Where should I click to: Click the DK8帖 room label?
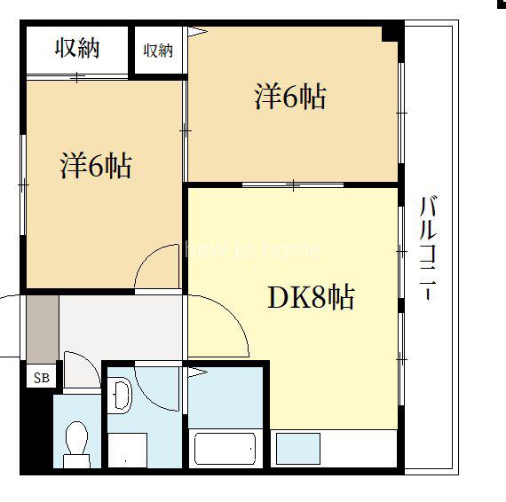(311, 296)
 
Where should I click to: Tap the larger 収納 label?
(77, 49)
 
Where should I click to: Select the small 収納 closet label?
(158, 51)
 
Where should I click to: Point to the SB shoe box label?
(42, 378)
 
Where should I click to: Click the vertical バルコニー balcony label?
(428, 248)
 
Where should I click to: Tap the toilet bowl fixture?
(76, 444)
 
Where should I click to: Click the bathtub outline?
(225, 449)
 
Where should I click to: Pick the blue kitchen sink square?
(298, 449)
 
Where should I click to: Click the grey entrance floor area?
(43, 329)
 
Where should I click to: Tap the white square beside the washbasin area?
(127, 450)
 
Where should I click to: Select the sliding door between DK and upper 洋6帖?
(293, 184)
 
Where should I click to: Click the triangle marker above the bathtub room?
(197, 373)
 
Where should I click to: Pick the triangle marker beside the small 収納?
(197, 32)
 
